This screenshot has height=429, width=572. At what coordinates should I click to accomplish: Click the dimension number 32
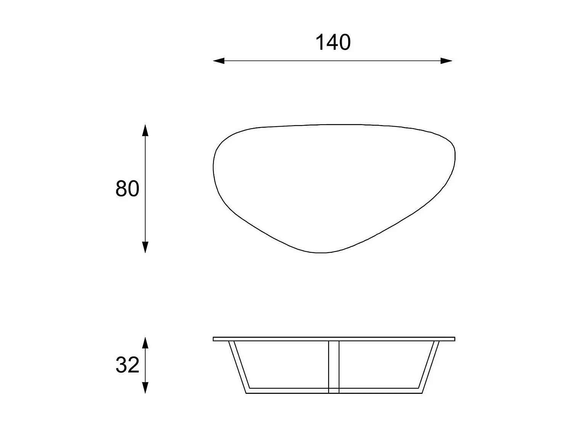[127, 365]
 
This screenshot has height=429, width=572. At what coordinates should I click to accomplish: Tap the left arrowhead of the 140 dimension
[219, 61]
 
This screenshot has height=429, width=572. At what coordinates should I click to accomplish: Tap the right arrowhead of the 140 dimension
[447, 61]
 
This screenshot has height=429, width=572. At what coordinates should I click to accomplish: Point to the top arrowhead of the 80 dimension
[145, 130]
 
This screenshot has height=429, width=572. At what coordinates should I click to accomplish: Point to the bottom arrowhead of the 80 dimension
[145, 247]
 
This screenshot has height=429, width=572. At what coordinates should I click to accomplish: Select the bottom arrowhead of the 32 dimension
[145, 388]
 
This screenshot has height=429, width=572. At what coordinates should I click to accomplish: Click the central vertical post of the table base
[334, 366]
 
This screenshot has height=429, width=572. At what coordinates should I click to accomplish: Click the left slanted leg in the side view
[239, 366]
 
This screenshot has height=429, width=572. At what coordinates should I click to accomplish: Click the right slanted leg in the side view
[429, 366]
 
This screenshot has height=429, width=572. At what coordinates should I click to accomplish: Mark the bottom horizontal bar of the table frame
[290, 391]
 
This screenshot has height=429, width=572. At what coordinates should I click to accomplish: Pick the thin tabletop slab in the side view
[334, 339]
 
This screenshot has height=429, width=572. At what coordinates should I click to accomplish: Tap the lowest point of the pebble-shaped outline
[321, 252]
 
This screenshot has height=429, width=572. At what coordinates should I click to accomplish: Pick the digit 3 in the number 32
[121, 365]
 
